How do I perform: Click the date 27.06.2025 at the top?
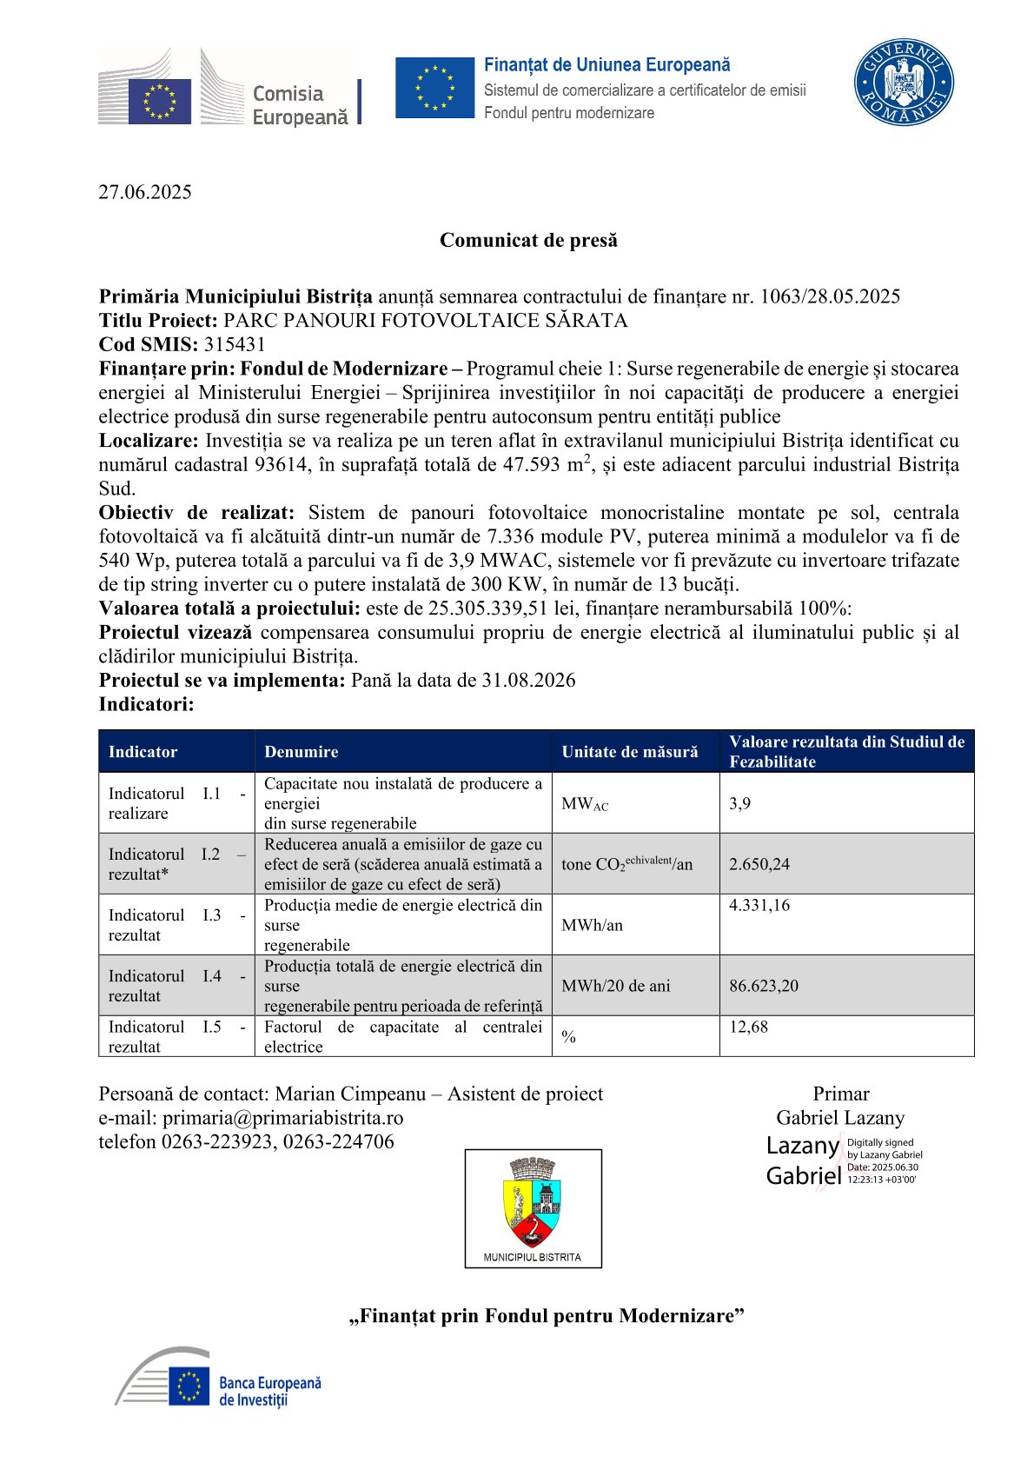tap(145, 192)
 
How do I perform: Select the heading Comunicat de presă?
tap(528, 240)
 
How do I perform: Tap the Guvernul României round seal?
tap(903, 83)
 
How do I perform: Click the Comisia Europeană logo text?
tap(299, 105)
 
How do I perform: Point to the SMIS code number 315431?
tap(235, 344)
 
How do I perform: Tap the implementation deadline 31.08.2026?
tap(528, 680)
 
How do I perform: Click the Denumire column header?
tap(302, 752)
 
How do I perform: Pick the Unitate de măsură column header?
tap(629, 752)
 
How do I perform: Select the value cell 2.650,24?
tap(759, 864)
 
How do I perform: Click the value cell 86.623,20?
tap(764, 986)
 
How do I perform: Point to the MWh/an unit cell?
tap(592, 925)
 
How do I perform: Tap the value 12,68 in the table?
tap(748, 1027)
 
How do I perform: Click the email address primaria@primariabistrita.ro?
tap(282, 1118)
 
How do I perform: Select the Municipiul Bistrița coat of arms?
tap(533, 1204)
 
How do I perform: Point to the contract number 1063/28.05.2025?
tap(830, 296)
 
